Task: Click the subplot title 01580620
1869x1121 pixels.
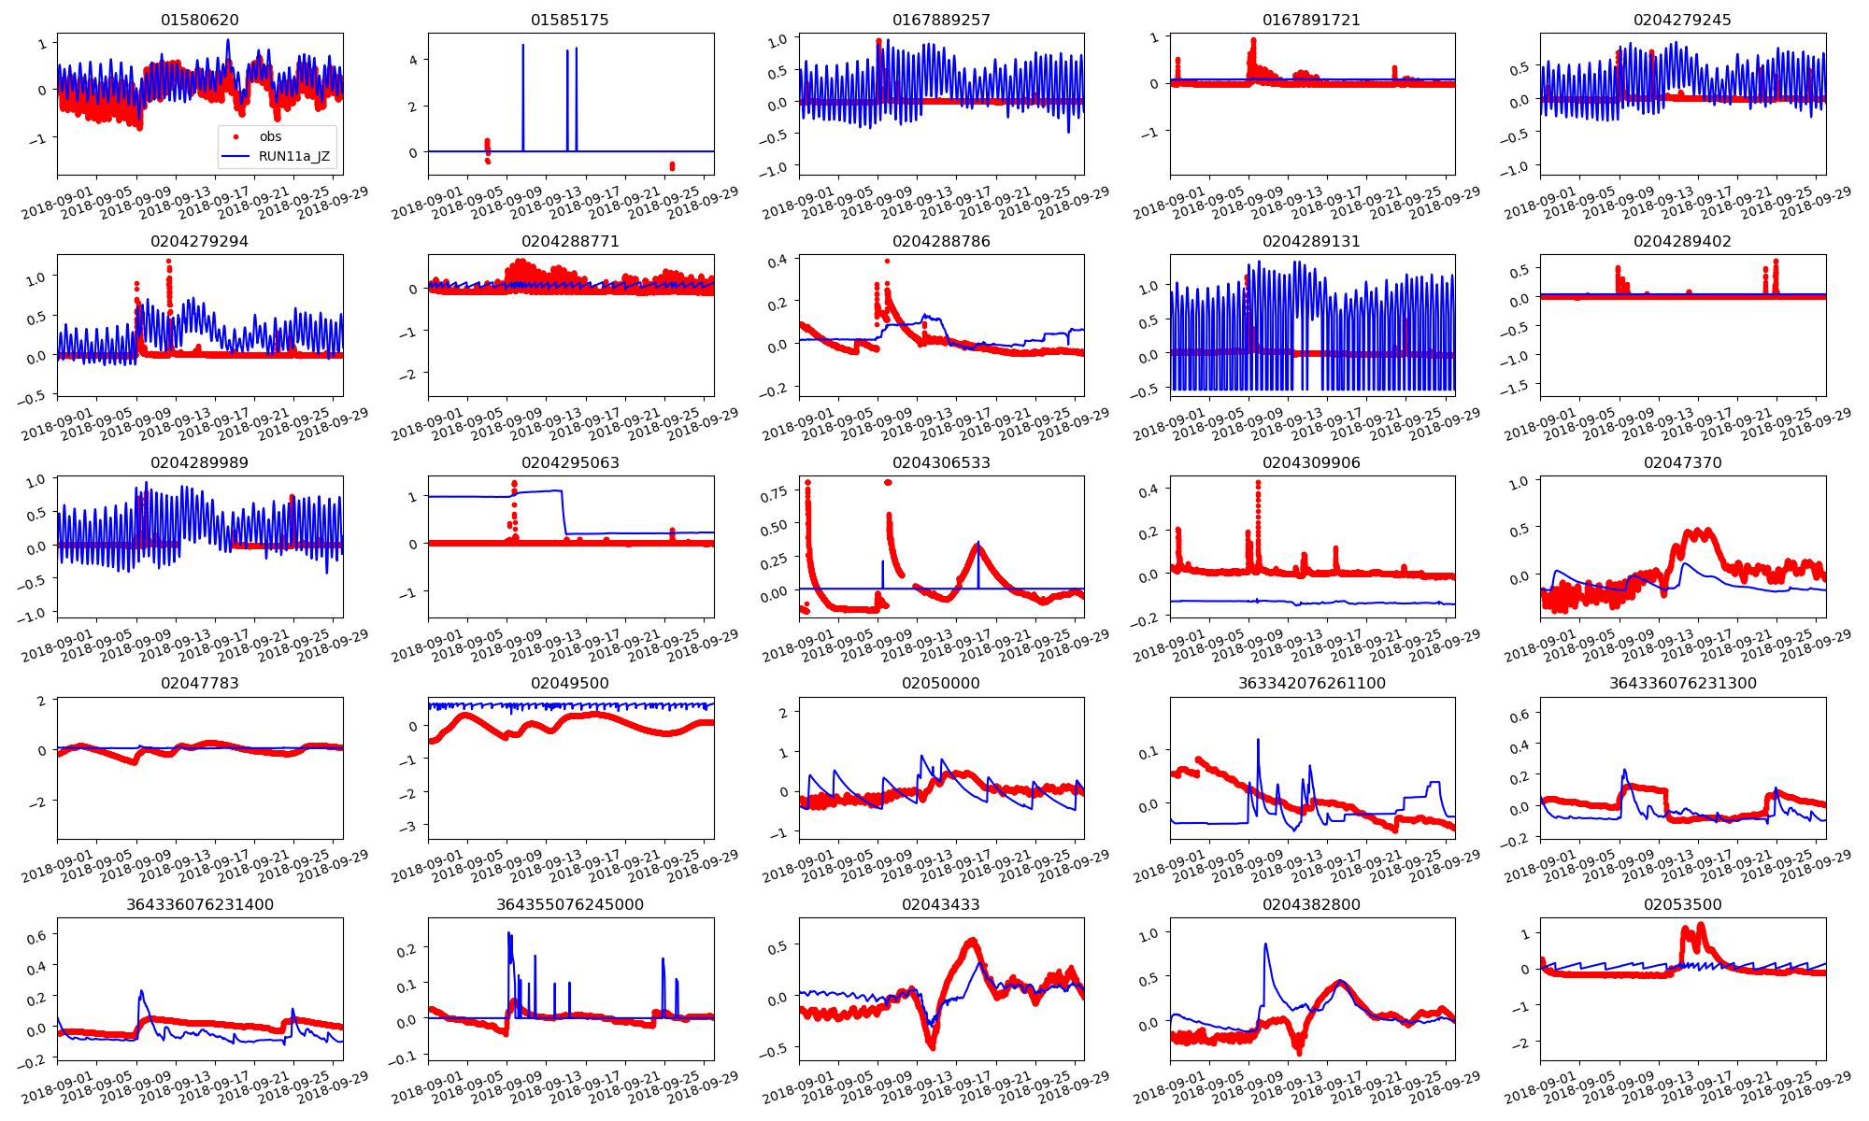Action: point(199,20)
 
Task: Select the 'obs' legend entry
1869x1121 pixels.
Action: point(270,136)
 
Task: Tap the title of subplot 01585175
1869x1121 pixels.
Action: point(570,20)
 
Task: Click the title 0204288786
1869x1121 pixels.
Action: point(941,241)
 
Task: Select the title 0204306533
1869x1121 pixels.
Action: point(941,462)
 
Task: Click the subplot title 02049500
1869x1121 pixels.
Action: point(570,683)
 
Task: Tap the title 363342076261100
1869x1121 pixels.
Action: point(1312,683)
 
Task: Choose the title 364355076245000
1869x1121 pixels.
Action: point(570,904)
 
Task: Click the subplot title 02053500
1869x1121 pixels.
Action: point(1682,904)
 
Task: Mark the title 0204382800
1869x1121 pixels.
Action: point(1312,904)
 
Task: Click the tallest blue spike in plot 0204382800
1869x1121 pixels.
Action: point(1266,944)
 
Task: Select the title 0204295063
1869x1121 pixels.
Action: point(570,462)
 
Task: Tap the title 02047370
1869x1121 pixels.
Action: point(1682,462)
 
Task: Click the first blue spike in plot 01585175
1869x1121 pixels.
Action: point(523,45)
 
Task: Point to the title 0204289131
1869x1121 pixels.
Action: point(1312,241)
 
